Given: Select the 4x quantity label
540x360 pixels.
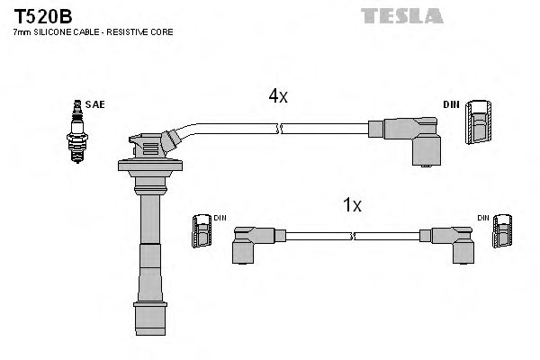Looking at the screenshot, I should pos(277,96).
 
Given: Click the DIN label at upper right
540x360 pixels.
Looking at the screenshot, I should pos(452,105).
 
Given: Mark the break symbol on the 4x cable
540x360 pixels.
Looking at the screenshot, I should pos(282,129).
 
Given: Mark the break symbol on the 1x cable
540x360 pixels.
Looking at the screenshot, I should pos(355,237).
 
